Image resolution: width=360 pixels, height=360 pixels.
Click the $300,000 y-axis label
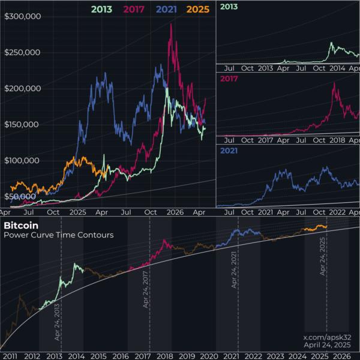(x=22, y=16)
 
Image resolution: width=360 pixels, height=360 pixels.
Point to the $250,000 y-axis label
(x=22, y=52)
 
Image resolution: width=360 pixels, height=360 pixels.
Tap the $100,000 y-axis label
(x=22, y=160)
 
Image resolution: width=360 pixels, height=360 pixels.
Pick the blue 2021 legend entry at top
(x=163, y=9)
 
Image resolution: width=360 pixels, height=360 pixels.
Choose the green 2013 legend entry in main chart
(x=102, y=9)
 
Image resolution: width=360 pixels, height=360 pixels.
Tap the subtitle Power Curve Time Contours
(x=58, y=235)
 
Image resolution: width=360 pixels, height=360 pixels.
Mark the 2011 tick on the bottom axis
(x=11, y=355)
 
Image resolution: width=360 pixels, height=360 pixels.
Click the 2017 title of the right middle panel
(x=229, y=79)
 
